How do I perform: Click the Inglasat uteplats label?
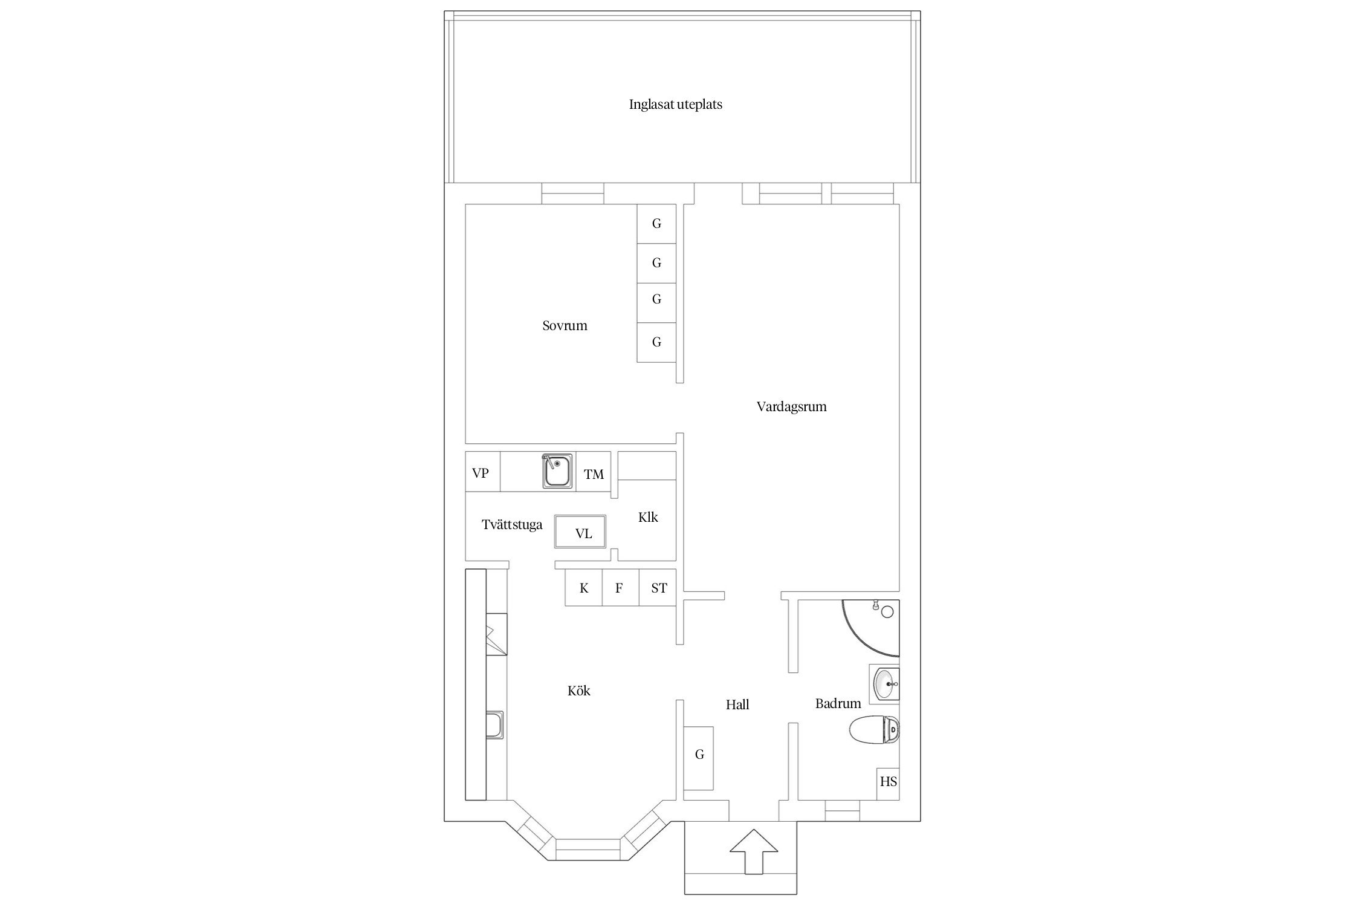pyautogui.click(x=675, y=105)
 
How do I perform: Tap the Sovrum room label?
pyautogui.click(x=565, y=326)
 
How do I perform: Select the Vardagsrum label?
pyautogui.click(x=791, y=407)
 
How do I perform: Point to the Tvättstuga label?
pyautogui.click(x=512, y=525)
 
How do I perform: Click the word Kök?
pyautogui.click(x=578, y=691)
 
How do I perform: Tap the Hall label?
pyautogui.click(x=737, y=704)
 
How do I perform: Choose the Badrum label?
pyautogui.click(x=838, y=703)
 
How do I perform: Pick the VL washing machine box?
pyautogui.click(x=580, y=532)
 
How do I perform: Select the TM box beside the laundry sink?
pyautogui.click(x=594, y=472)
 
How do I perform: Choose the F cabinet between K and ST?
pyautogui.click(x=620, y=588)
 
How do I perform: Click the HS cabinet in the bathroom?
pyautogui.click(x=888, y=784)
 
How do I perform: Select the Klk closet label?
pyautogui.click(x=648, y=517)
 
